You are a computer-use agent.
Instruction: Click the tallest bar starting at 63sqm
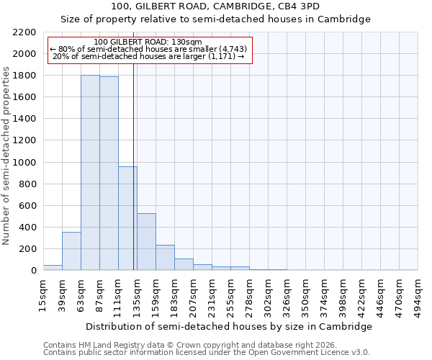coord(90,173)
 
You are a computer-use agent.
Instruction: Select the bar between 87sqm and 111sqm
coord(109,174)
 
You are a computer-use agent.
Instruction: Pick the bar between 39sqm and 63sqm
coord(71,251)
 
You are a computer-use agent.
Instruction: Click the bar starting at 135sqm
coord(146,242)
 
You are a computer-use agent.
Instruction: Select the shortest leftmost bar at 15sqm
coord(53,268)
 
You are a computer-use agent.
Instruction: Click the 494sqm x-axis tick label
coord(419,295)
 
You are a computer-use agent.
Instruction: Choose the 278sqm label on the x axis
coord(250,295)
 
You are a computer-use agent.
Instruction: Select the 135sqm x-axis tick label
coord(138,295)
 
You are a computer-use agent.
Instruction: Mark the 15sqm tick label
coord(44,295)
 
